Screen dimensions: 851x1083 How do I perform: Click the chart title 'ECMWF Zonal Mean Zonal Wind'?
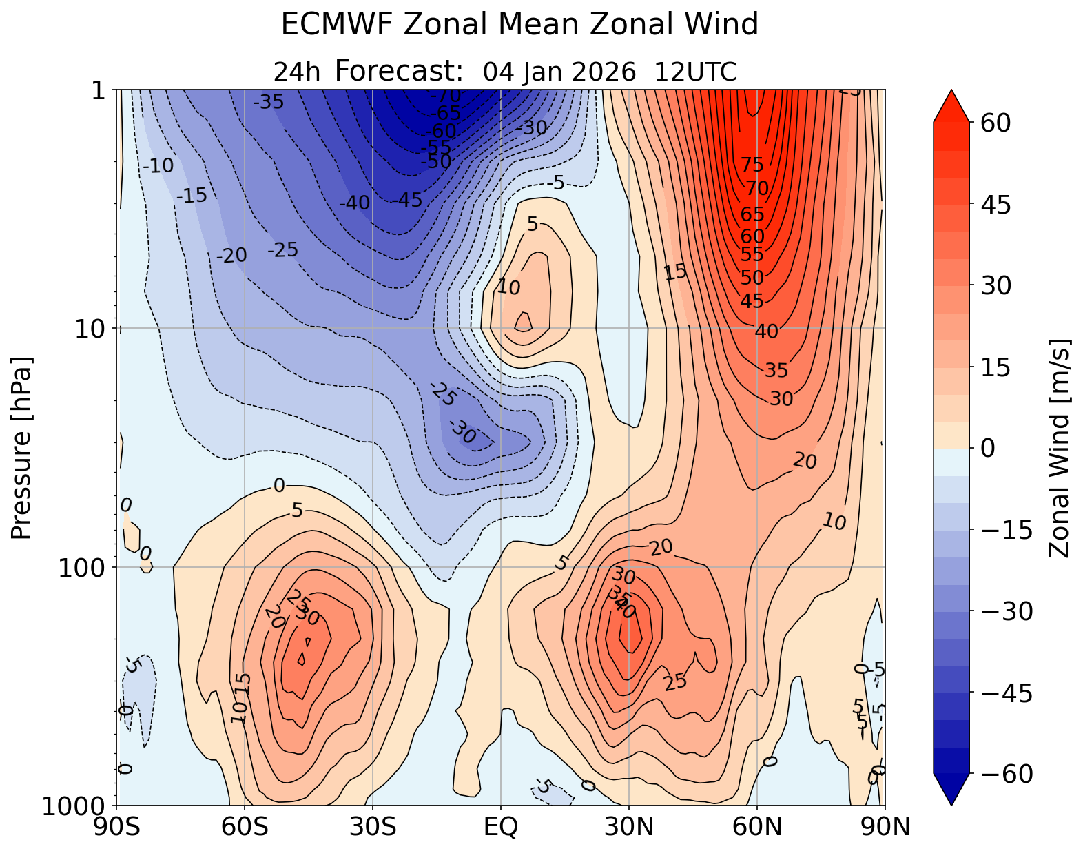pos(519,25)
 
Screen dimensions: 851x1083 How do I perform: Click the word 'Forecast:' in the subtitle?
pos(398,71)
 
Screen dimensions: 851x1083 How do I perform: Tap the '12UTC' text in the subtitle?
pos(695,72)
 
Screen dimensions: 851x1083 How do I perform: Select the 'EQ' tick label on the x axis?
pos(501,827)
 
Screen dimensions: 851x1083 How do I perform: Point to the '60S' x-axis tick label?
pos(245,827)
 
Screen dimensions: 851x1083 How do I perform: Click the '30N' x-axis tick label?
pos(629,827)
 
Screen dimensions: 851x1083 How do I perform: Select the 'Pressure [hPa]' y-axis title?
pos(22,448)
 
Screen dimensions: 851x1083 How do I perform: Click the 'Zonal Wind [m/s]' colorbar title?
pos(1058,448)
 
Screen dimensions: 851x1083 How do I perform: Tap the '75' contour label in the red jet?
pos(753,165)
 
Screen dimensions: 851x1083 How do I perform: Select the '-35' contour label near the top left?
pos(268,103)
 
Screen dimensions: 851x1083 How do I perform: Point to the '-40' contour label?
pos(355,203)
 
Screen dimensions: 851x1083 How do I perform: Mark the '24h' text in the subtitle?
pos(297,72)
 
